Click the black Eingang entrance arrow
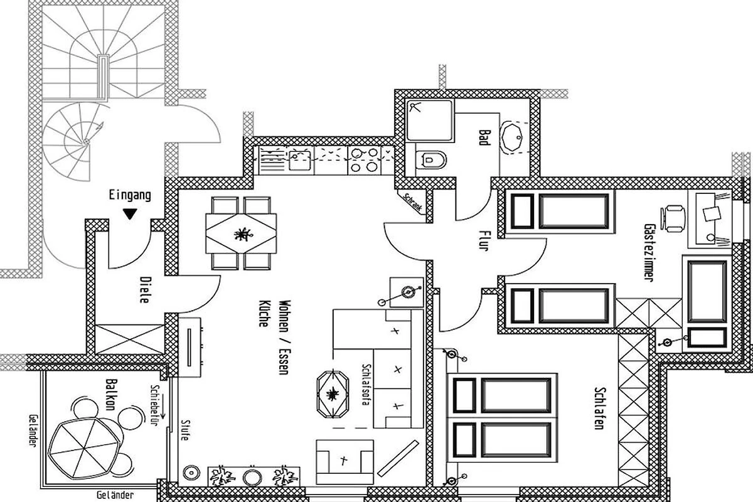pyautogui.click(x=130, y=214)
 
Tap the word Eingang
pyautogui.click(x=130, y=195)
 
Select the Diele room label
pyautogui.click(x=144, y=290)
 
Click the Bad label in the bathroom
pyautogui.click(x=483, y=137)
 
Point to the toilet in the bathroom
pyautogui.click(x=431, y=160)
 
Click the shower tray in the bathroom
pyautogui.click(x=430, y=120)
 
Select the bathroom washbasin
pyautogui.click(x=512, y=138)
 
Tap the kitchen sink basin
pyautogui.click(x=299, y=160)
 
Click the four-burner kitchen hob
pyautogui.click(x=364, y=160)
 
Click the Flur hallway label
pyautogui.click(x=484, y=240)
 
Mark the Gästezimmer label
pyautogui.click(x=649, y=252)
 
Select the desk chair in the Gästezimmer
pyautogui.click(x=673, y=218)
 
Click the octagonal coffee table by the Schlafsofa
pyautogui.click(x=333, y=393)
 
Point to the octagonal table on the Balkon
pyautogui.click(x=83, y=449)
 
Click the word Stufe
pyautogui.click(x=185, y=430)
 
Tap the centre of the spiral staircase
pyautogui.click(x=87, y=141)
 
